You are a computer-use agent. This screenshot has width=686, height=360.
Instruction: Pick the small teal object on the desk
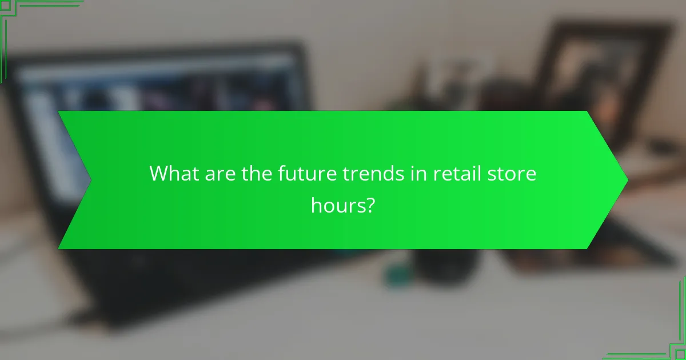pyautogui.click(x=396, y=275)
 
